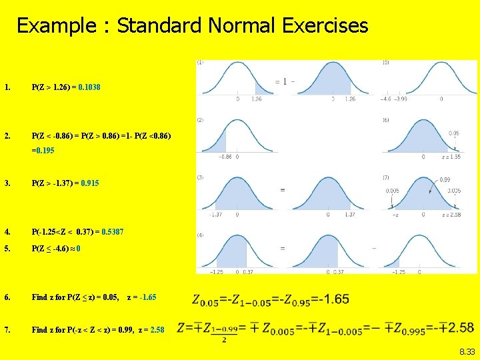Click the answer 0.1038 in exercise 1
(89, 87)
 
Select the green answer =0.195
(43, 151)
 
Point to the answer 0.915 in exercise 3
(90, 183)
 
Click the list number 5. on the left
(7, 249)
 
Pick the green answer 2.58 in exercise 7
(157, 330)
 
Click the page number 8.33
(467, 351)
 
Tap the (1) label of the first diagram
(200, 62)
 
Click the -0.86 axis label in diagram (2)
(225, 157)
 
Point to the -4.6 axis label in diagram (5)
(386, 99)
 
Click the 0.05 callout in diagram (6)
(453, 133)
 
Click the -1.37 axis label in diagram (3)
(215, 215)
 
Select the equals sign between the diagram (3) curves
(283, 190)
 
